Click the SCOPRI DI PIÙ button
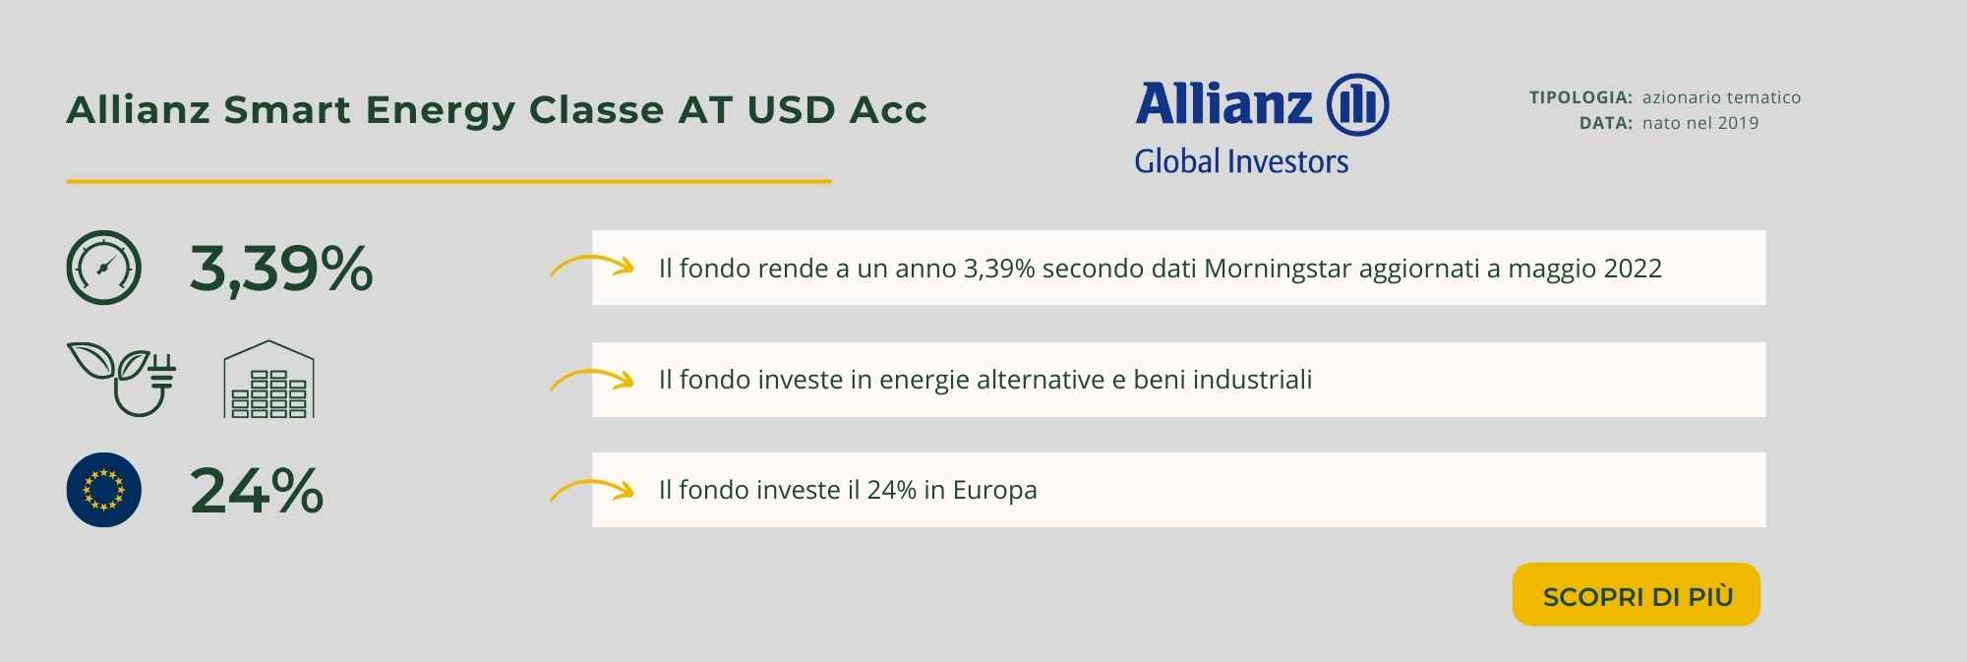click(x=1636, y=594)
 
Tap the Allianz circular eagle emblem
click(x=1357, y=104)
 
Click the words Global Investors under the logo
click(x=1241, y=161)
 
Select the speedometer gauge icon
click(x=103, y=268)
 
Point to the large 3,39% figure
click(x=281, y=269)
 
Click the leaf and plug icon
click(x=122, y=380)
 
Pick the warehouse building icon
click(x=268, y=380)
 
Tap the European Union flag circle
click(x=103, y=490)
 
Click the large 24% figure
click(x=257, y=490)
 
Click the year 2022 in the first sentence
click(x=1633, y=269)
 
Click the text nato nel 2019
click(x=1700, y=123)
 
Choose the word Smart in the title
click(x=287, y=110)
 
